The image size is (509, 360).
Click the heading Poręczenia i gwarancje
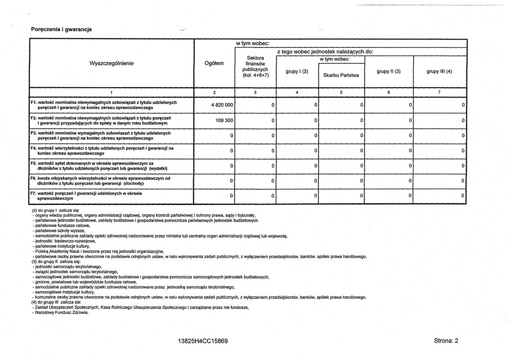[x=61, y=29]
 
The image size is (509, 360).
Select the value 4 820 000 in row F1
[x=222, y=105]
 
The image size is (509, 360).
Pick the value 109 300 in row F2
[x=224, y=120]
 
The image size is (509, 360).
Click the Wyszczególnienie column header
[x=112, y=63]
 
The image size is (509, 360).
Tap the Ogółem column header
[x=214, y=63]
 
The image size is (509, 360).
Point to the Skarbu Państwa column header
[x=341, y=75]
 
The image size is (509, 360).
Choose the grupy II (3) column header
[x=388, y=71]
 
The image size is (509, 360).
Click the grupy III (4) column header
[x=439, y=71]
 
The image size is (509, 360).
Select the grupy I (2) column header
[x=297, y=71]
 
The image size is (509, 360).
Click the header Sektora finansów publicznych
[x=255, y=66]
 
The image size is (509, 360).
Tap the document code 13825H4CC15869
[x=203, y=341]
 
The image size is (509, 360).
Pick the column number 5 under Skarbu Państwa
[x=341, y=92]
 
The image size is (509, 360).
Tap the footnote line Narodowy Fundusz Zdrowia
[x=61, y=313]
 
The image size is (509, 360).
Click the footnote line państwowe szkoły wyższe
[x=60, y=231]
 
